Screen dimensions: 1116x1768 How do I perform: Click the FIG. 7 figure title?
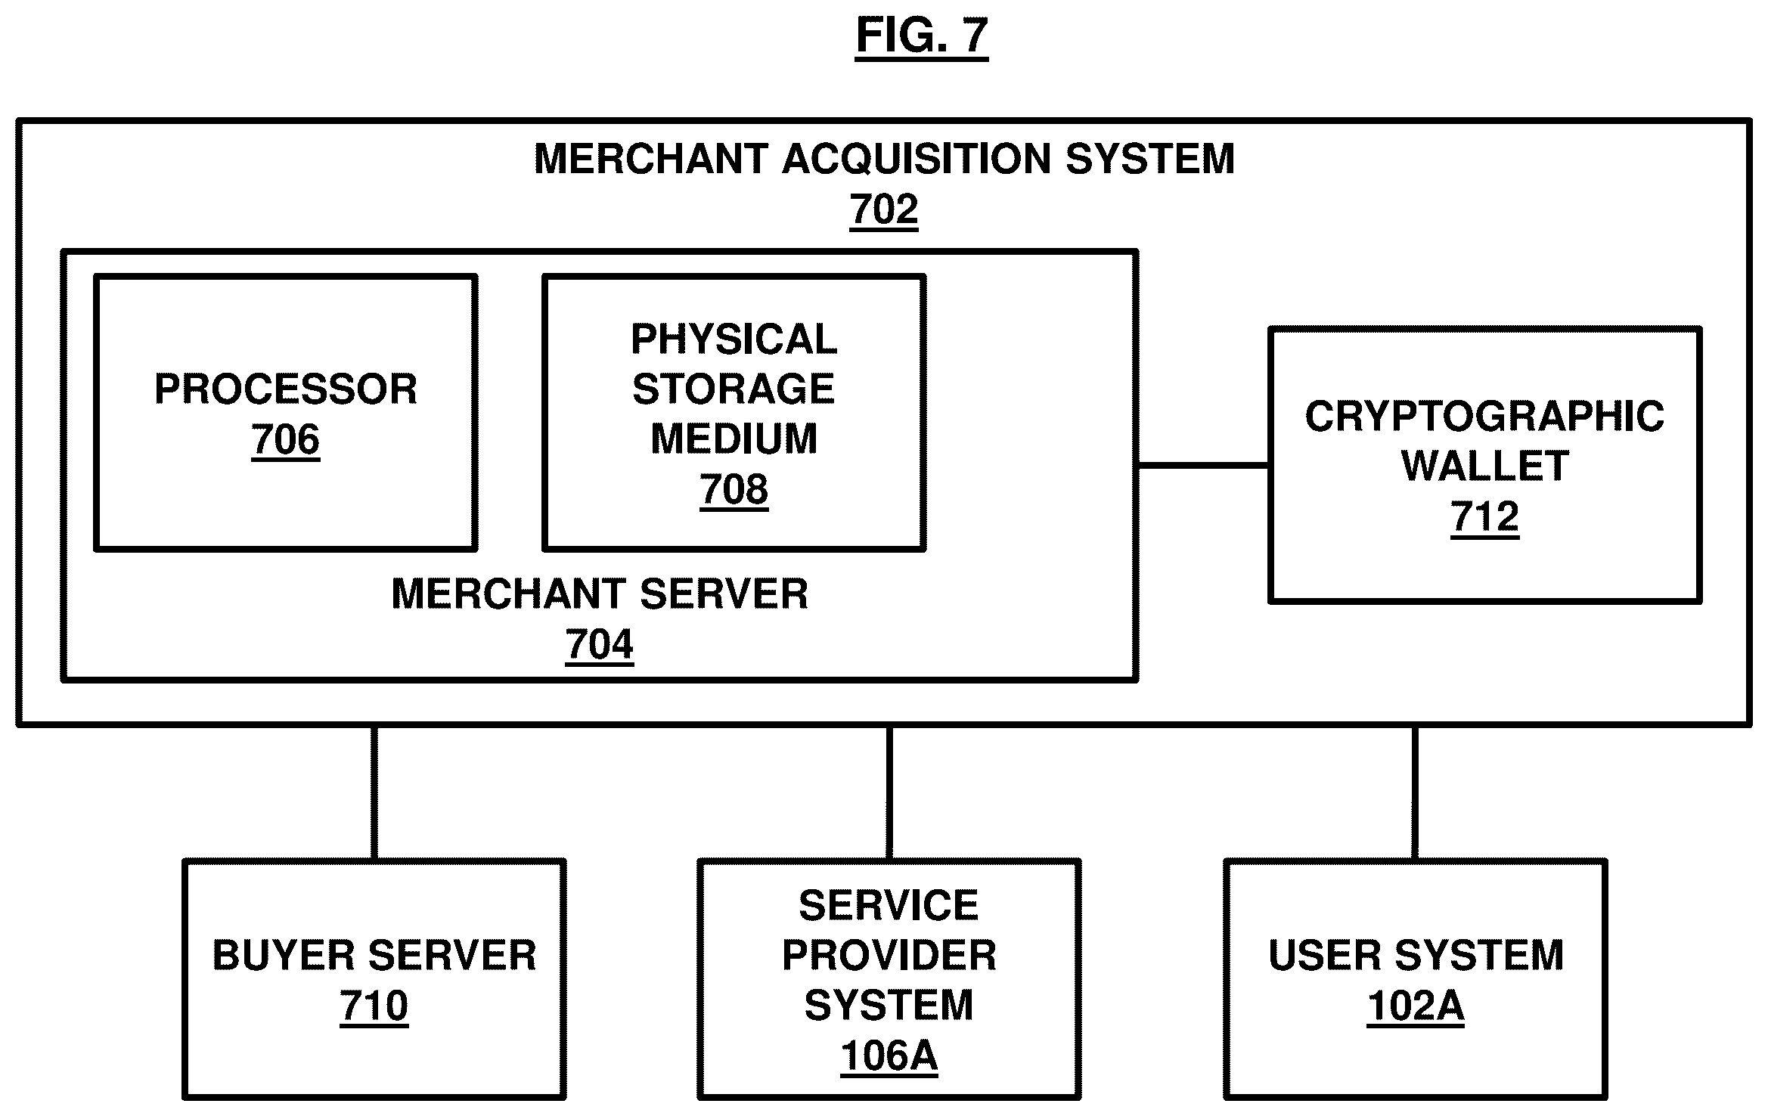click(921, 35)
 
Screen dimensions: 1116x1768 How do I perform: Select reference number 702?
click(883, 209)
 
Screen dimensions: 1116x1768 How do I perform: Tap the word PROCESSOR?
click(286, 389)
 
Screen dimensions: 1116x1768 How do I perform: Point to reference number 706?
click(286, 439)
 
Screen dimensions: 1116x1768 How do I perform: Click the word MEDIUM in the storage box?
click(734, 439)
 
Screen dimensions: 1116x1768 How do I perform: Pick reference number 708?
click(734, 489)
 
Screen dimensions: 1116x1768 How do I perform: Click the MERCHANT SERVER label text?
click(599, 594)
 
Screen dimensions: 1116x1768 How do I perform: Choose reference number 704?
click(599, 645)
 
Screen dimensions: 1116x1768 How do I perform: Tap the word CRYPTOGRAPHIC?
click(1484, 417)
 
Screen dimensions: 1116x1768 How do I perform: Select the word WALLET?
click(1484, 466)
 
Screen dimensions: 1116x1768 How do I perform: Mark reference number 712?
click(1484, 517)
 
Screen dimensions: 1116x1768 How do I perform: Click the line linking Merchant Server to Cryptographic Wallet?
click(1203, 466)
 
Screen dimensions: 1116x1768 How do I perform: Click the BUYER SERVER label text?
click(374, 956)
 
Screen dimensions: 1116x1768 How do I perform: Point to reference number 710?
click(374, 1006)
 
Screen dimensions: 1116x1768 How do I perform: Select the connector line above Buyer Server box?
click(374, 792)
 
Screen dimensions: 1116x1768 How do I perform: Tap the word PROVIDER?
click(889, 956)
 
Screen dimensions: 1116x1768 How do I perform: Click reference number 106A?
click(889, 1056)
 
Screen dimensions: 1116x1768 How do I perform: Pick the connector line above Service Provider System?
click(889, 792)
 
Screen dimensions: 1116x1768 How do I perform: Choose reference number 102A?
click(1415, 1006)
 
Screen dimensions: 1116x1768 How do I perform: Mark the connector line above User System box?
click(1414, 792)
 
